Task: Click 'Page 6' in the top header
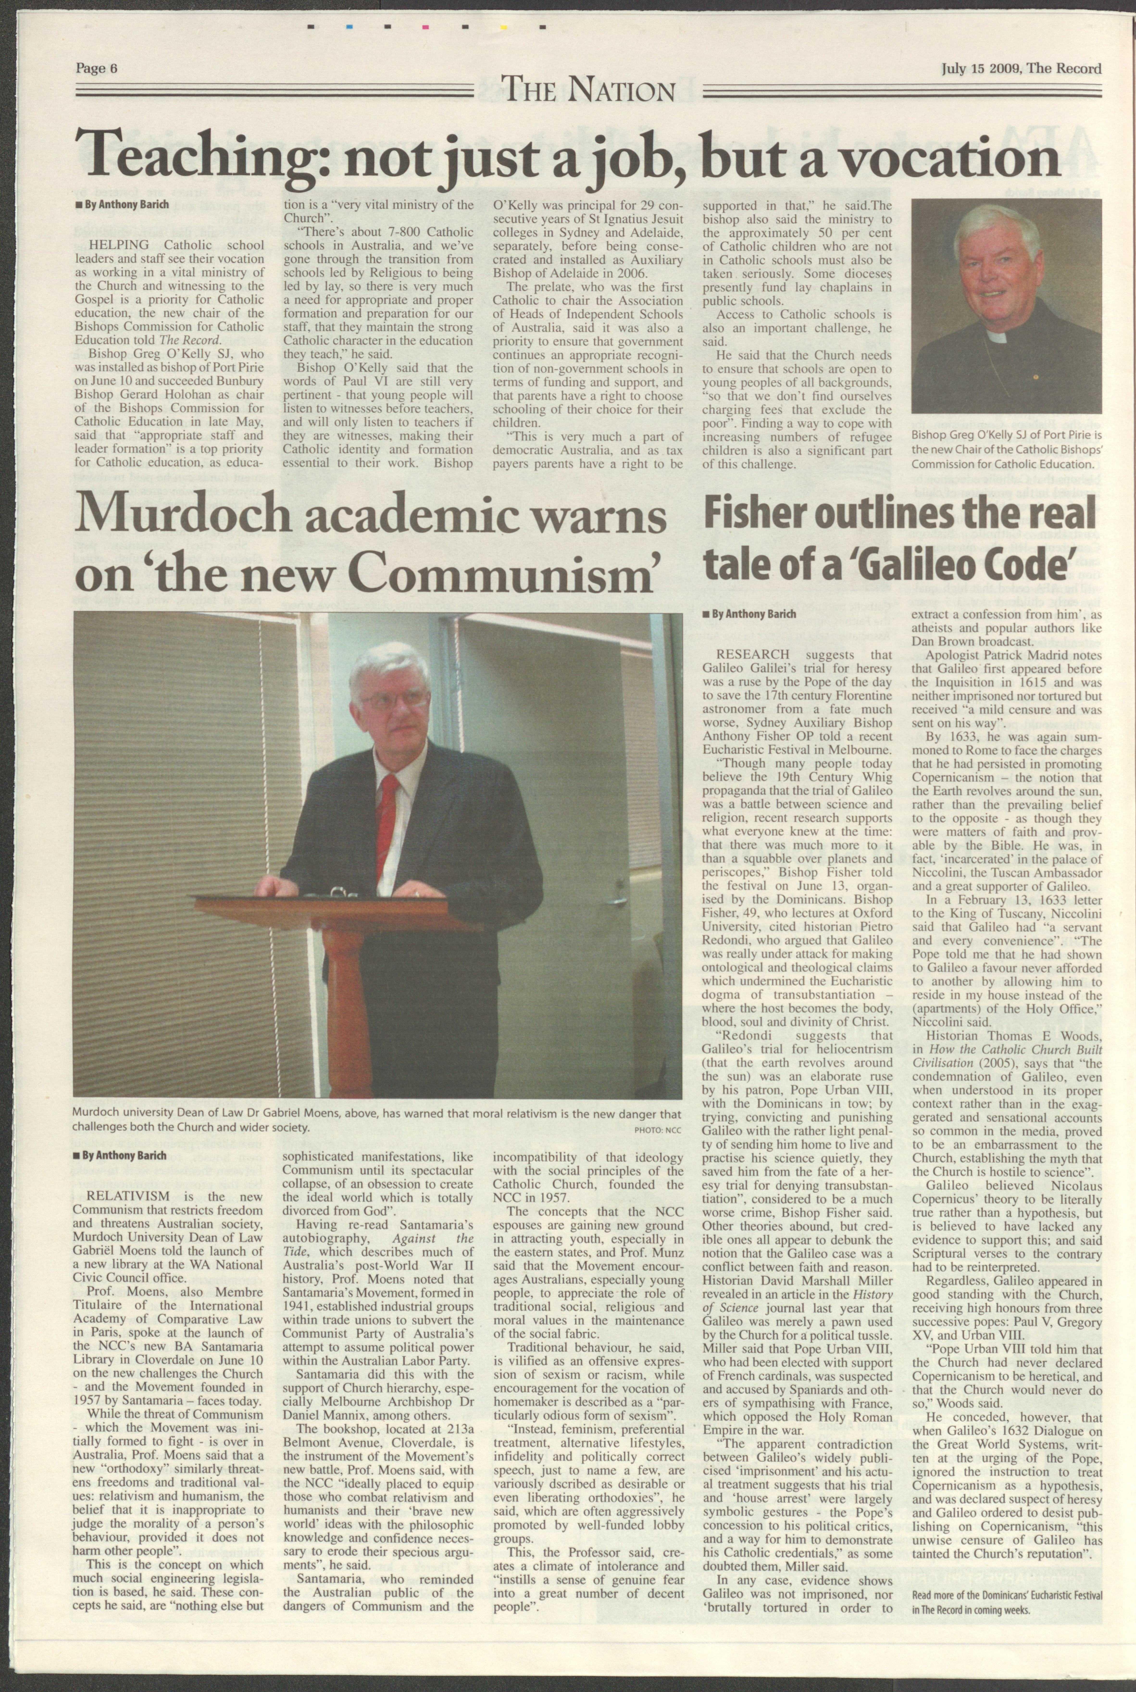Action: pos(96,69)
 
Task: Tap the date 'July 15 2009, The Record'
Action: pos(1022,69)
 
